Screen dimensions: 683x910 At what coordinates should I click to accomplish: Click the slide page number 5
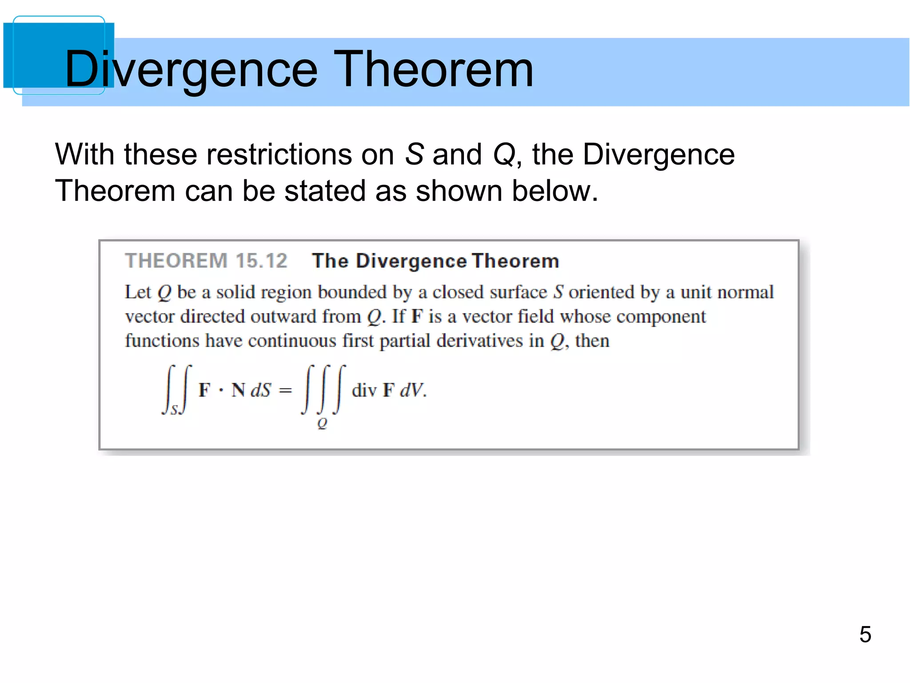[865, 634]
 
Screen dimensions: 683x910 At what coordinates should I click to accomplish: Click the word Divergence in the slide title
[191, 69]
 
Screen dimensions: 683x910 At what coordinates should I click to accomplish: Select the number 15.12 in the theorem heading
[261, 261]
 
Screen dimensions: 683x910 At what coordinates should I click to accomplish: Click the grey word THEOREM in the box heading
[176, 261]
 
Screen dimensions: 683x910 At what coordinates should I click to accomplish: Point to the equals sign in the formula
[285, 390]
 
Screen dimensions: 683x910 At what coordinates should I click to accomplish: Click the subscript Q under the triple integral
[322, 424]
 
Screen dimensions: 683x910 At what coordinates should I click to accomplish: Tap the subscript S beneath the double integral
[175, 410]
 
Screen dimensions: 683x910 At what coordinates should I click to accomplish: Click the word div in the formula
[364, 390]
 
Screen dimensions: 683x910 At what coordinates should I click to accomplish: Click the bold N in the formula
[238, 390]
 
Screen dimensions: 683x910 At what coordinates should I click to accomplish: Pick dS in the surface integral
[260, 390]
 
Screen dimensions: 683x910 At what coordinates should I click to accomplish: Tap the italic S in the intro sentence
[414, 155]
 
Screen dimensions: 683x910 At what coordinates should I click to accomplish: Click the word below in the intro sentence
[555, 191]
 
